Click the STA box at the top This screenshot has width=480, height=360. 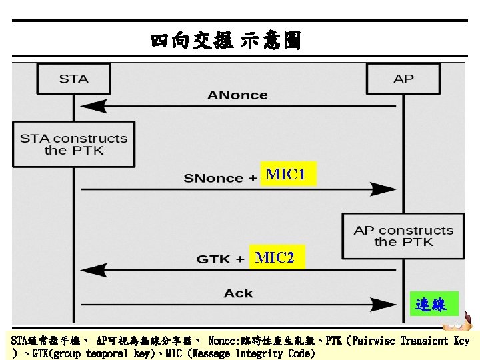[73, 79]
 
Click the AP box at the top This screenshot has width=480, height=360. [403, 79]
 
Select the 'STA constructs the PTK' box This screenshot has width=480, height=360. [73, 144]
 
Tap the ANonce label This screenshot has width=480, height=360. [237, 95]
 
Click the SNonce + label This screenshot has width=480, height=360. [221, 178]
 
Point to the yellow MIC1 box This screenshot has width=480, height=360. [286, 175]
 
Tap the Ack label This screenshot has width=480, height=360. [238, 293]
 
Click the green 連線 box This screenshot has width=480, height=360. [433, 305]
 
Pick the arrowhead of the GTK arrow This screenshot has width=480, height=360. [92, 271]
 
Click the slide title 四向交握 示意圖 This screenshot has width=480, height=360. [225, 42]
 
